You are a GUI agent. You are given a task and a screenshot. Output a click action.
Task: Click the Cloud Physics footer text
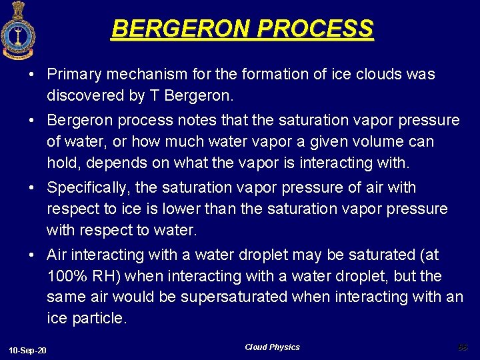[x=272, y=347]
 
